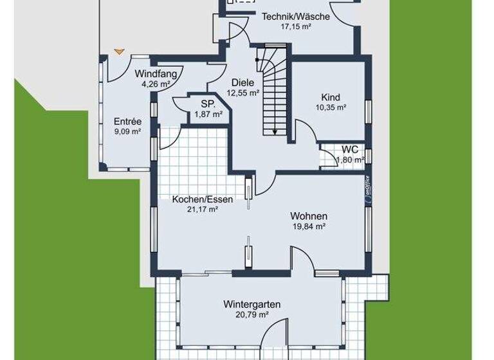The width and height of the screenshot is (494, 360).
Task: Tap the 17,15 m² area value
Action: (x=296, y=27)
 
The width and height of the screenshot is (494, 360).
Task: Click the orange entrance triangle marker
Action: (x=117, y=51)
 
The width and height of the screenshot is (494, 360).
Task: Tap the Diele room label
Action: (x=242, y=82)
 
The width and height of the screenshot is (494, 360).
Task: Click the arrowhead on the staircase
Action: (x=275, y=132)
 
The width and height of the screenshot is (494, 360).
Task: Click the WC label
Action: (x=350, y=148)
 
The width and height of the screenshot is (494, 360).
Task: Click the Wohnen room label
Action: (x=309, y=216)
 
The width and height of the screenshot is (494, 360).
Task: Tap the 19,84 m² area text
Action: (x=309, y=226)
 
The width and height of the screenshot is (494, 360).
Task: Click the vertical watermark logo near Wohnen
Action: (x=367, y=190)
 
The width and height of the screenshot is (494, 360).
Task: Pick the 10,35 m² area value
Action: (x=331, y=107)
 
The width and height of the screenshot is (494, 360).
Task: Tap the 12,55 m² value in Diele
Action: (x=242, y=92)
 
